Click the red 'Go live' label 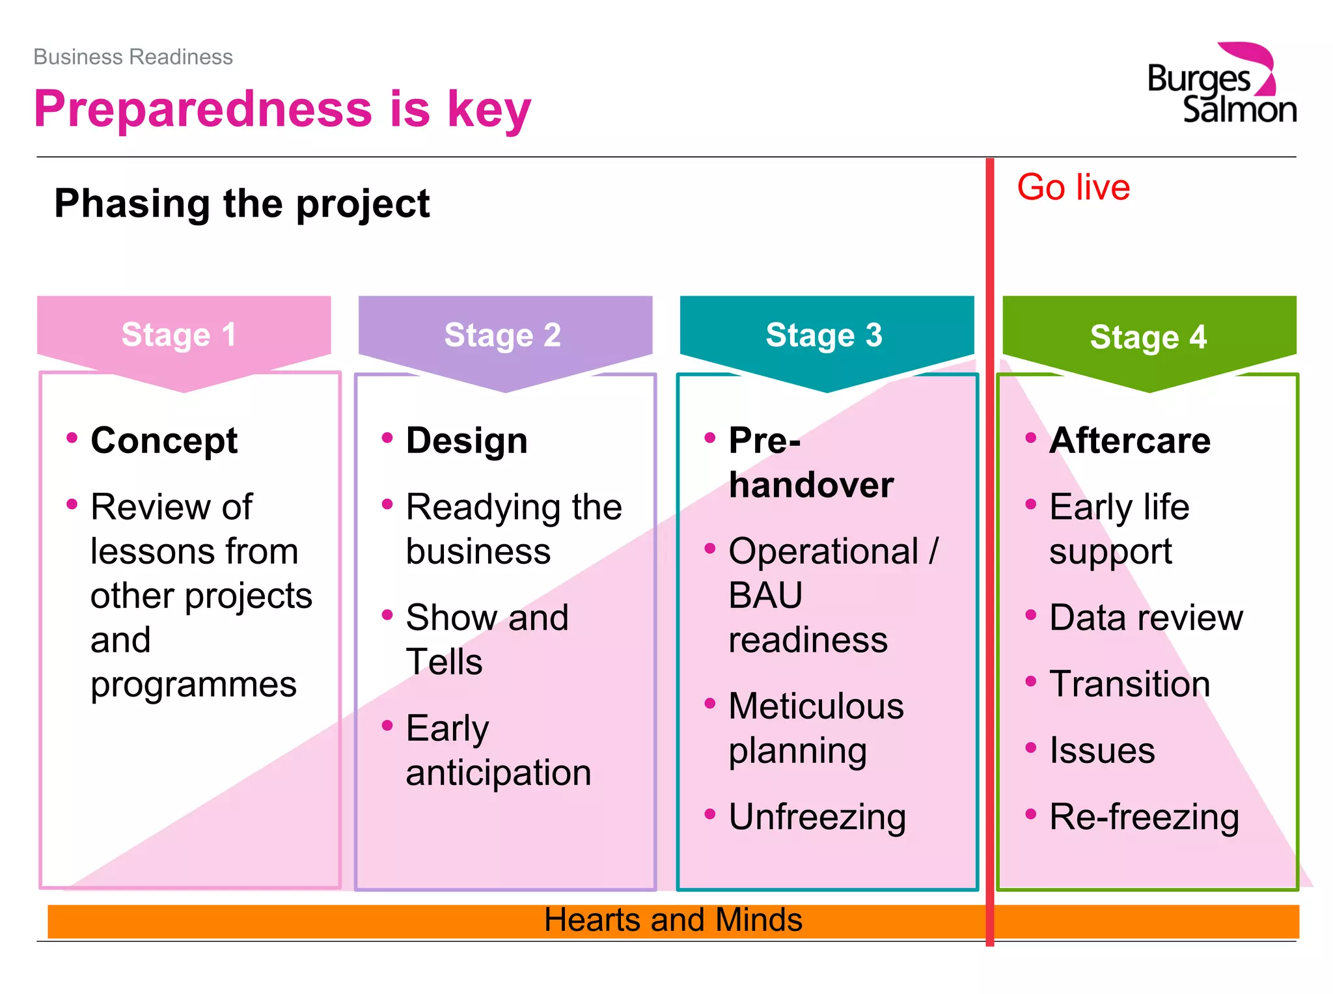(1073, 187)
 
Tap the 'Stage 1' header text (178, 335)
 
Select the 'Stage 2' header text (502, 335)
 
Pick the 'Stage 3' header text (823, 335)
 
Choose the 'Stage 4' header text (1148, 337)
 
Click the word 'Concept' (164, 441)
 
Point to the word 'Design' (466, 441)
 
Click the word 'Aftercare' (1129, 441)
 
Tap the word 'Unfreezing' (817, 817)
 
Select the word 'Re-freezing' (1144, 817)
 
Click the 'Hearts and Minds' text (673, 920)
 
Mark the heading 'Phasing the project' (241, 204)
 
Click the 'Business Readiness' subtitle (133, 57)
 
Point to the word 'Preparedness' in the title (203, 109)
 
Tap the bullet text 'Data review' (1146, 618)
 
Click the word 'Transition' (1129, 684)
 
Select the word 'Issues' (1102, 751)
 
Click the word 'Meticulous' (816, 706)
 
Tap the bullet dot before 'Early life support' (1030, 504)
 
